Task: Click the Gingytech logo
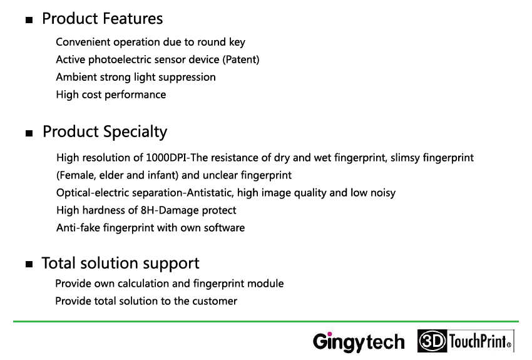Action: tap(359, 342)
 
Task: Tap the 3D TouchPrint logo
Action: tap(466, 341)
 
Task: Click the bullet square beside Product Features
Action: tap(29, 20)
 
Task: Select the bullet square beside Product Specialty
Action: tap(29, 133)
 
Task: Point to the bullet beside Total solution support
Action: tap(29, 264)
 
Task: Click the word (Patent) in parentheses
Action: tap(241, 59)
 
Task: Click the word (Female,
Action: tap(76, 175)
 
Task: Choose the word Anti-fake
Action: tap(78, 228)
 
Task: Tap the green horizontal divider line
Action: tap(266, 321)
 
